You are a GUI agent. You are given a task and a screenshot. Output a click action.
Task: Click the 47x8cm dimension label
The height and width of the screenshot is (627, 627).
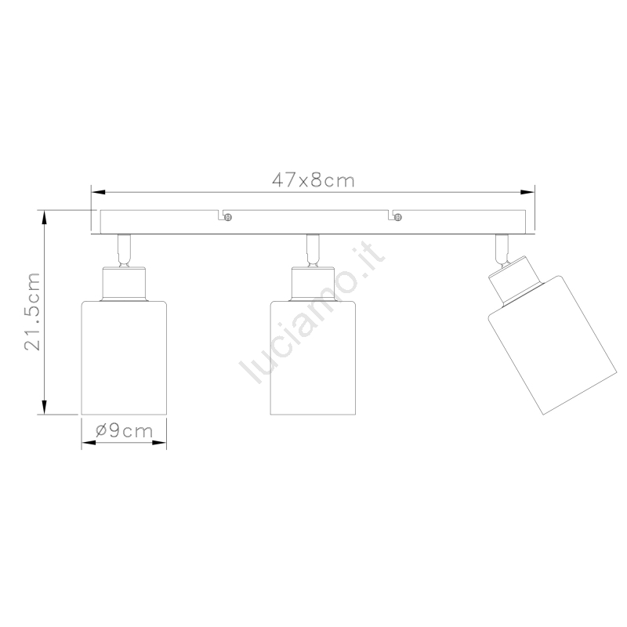(313, 180)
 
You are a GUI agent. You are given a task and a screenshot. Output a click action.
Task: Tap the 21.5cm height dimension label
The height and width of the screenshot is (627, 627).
(32, 312)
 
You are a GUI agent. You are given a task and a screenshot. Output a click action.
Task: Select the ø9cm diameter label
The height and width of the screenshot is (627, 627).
(125, 430)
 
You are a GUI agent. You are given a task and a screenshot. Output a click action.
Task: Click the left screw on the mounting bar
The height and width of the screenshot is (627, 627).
(228, 218)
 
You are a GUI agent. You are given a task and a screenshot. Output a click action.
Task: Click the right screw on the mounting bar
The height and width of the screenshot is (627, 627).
(397, 218)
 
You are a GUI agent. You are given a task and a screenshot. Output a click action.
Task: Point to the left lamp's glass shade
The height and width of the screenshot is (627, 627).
(124, 358)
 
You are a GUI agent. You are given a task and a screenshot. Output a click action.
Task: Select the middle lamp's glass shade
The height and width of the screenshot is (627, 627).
(313, 358)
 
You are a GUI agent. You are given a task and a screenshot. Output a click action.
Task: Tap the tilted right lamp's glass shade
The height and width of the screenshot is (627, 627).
(553, 345)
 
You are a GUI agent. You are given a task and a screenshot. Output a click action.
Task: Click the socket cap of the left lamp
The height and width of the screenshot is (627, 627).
(124, 284)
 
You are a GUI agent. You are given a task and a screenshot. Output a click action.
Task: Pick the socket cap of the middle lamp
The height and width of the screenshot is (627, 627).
(313, 284)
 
